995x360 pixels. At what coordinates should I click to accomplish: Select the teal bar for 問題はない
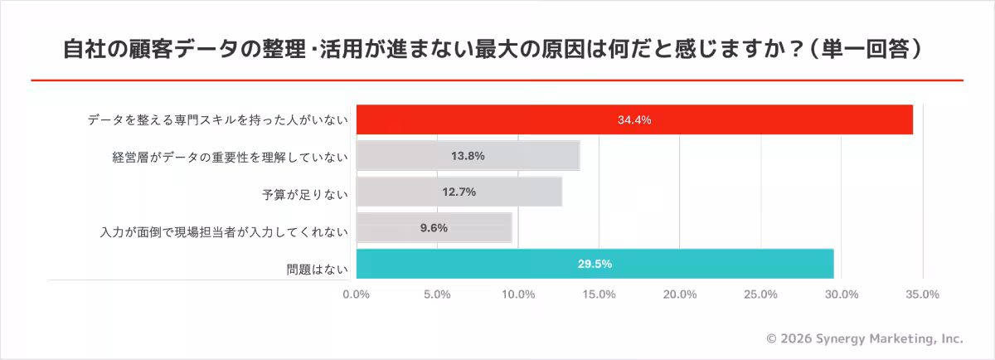pyautogui.click(x=595, y=264)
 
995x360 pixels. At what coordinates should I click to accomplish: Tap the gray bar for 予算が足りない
pyautogui.click(x=459, y=192)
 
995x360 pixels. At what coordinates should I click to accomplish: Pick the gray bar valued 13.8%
pyautogui.click(x=468, y=156)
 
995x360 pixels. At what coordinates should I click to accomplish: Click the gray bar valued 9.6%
pyautogui.click(x=434, y=228)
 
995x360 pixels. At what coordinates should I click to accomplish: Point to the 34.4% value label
pyautogui.click(x=634, y=119)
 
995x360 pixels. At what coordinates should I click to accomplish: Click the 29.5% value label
pyautogui.click(x=595, y=264)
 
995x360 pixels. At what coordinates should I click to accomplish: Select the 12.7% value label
pyautogui.click(x=459, y=192)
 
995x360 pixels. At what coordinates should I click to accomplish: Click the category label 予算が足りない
pyautogui.click(x=304, y=196)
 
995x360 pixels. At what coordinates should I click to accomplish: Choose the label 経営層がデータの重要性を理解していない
pyautogui.click(x=230, y=157)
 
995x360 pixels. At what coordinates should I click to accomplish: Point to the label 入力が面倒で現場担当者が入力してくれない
pyautogui.click(x=223, y=231)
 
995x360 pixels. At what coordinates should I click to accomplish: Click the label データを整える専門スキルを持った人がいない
pyautogui.click(x=217, y=120)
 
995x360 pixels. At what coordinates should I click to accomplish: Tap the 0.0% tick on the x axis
pyautogui.click(x=357, y=294)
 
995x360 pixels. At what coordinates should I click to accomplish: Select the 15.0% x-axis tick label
pyautogui.click(x=599, y=294)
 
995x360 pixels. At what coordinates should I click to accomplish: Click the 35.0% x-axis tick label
pyautogui.click(x=922, y=294)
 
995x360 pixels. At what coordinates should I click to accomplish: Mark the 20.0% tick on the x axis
pyautogui.click(x=680, y=294)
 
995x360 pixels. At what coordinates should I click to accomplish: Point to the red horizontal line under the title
pyautogui.click(x=498, y=80)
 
